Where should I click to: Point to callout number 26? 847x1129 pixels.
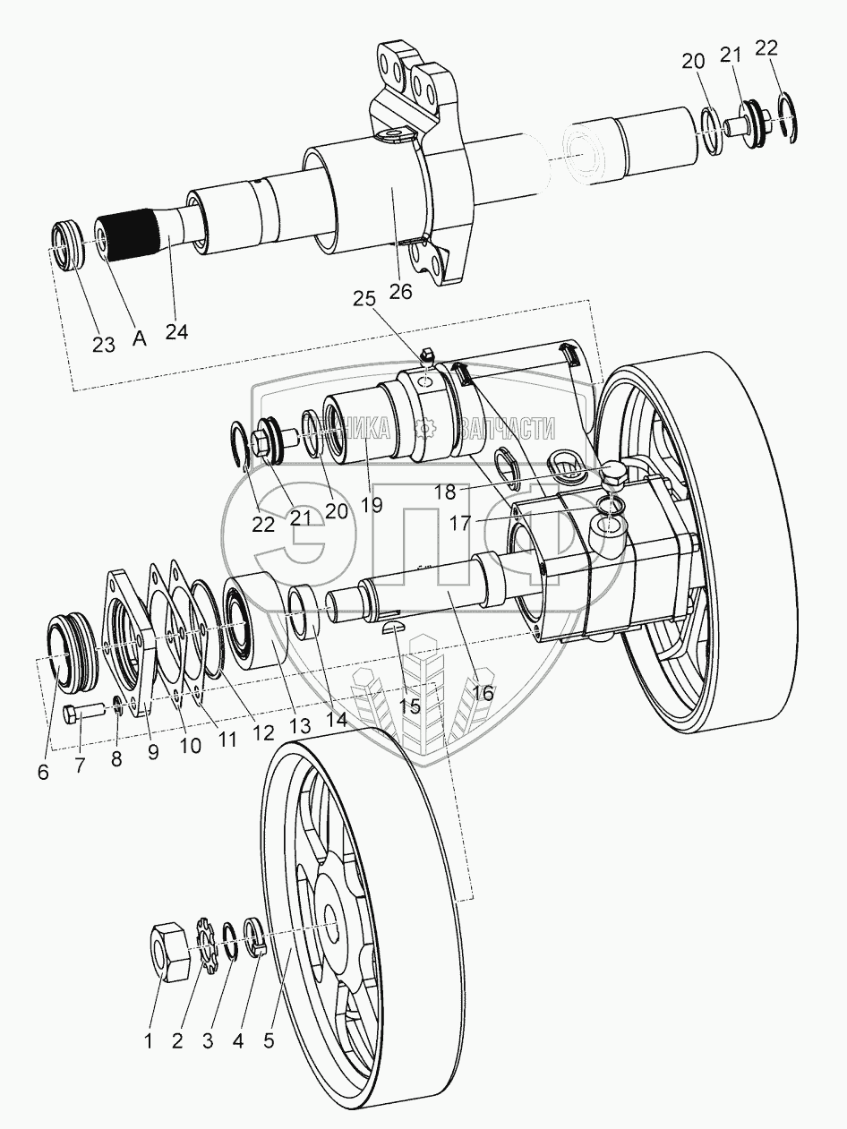click(400, 291)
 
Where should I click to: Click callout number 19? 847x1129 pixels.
click(371, 504)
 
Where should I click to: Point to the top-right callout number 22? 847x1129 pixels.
click(766, 48)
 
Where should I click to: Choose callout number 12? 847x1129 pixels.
click(262, 732)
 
